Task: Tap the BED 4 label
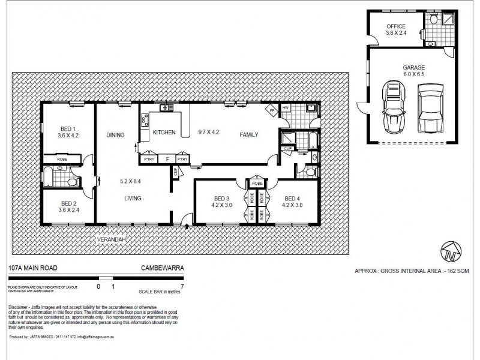292,199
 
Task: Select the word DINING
116,135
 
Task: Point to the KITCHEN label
164,132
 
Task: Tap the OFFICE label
396,26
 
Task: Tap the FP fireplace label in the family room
272,111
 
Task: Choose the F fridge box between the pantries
167,159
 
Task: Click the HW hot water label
286,109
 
